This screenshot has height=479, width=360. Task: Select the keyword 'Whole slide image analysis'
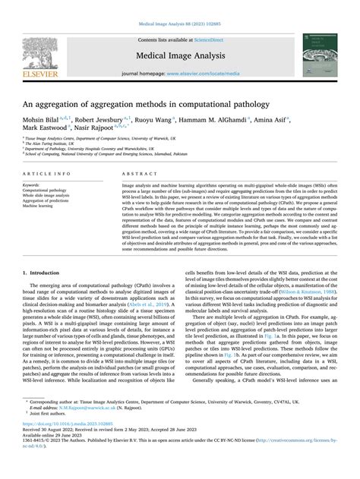pyautogui.click(x=46, y=195)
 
